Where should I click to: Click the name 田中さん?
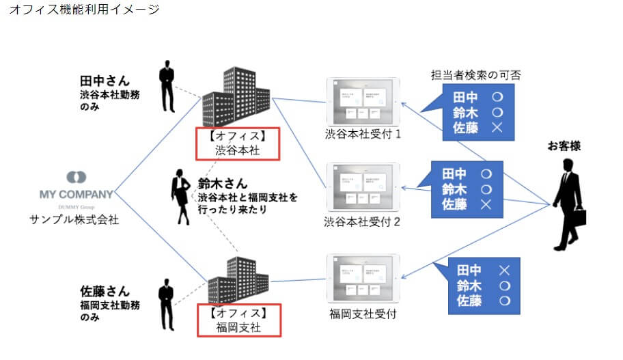click(x=105, y=81)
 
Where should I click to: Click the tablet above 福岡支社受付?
click(x=363, y=278)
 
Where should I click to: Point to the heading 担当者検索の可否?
click(x=476, y=75)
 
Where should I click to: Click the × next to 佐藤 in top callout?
click(x=497, y=126)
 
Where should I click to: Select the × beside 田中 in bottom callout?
click(x=505, y=271)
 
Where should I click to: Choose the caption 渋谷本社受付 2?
click(x=363, y=221)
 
